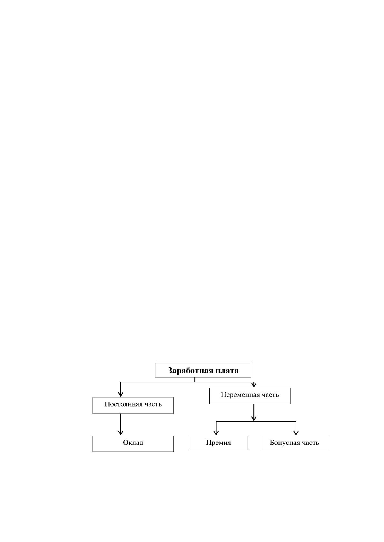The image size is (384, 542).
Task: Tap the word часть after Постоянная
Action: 153,404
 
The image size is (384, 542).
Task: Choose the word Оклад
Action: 133,443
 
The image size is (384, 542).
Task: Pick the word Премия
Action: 218,443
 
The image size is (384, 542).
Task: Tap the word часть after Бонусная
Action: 311,443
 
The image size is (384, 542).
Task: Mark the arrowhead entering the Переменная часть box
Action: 254,385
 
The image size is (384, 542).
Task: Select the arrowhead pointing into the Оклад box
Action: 121,432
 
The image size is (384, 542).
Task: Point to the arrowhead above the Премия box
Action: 216,433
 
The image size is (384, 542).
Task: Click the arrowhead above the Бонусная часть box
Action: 296,433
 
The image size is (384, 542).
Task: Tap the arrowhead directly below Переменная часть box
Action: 254,418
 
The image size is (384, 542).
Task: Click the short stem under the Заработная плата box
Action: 195,380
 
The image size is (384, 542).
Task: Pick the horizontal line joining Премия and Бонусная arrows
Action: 256,422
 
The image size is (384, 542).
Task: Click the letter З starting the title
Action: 170,371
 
